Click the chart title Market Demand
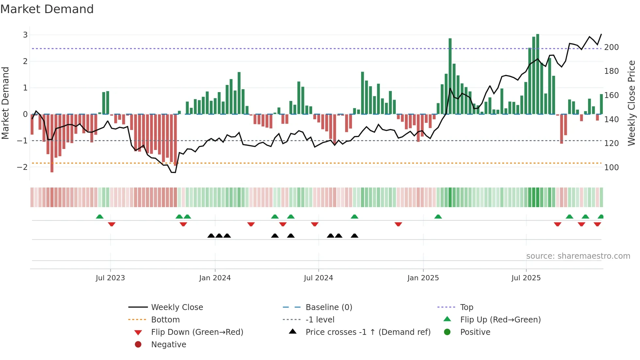[47, 9]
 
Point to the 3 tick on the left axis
[25, 35]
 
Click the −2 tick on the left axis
[23, 167]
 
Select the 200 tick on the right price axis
[611, 47]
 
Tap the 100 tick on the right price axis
[611, 168]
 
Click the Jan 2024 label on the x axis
[215, 278]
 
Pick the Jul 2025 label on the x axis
[526, 278]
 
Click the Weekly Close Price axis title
[632, 103]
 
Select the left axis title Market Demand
[6, 103]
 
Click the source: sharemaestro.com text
[578, 256]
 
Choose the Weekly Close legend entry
[177, 307]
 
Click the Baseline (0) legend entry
[328, 307]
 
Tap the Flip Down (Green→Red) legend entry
[197, 332]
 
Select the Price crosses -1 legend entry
[368, 332]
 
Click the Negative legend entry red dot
[138, 345]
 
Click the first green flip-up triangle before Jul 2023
[100, 217]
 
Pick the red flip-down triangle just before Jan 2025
[398, 224]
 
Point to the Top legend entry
[466, 307]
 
